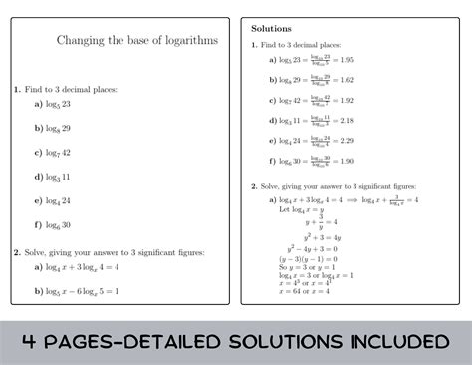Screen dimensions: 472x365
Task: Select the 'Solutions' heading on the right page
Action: coord(271,28)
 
